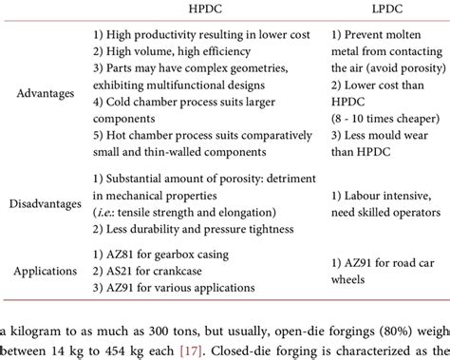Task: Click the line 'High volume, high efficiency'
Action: click(x=172, y=53)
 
